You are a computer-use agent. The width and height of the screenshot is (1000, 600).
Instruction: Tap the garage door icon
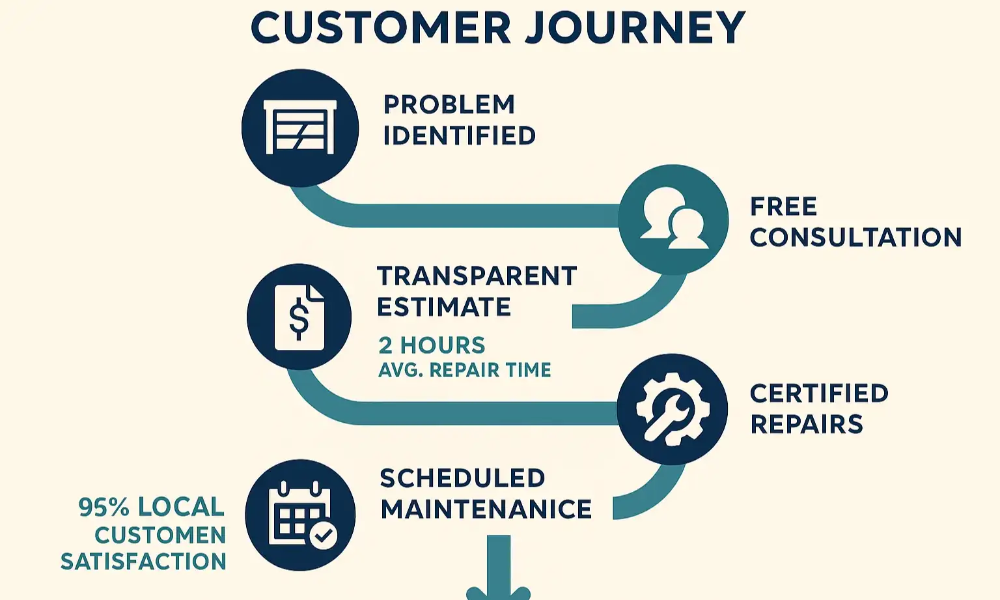(299, 128)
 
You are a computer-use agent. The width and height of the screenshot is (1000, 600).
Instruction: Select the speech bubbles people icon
(673, 219)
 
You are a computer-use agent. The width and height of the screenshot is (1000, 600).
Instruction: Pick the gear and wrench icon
(672, 409)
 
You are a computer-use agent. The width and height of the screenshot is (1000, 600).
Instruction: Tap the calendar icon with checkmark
(301, 515)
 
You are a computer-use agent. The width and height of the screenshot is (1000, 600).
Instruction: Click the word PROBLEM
(449, 104)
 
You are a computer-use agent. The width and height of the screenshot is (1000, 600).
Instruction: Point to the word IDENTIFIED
(459, 136)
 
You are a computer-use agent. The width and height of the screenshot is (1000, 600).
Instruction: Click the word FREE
(783, 207)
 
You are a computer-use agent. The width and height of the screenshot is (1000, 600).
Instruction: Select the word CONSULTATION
(855, 237)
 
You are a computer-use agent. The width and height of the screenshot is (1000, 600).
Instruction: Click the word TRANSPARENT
(477, 276)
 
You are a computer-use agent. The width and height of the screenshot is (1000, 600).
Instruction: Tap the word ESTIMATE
(444, 307)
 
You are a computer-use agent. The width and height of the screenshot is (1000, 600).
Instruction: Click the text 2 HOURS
(432, 345)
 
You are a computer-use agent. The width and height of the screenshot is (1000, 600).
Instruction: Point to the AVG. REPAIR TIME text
(464, 370)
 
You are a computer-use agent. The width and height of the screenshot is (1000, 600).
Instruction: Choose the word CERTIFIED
(819, 393)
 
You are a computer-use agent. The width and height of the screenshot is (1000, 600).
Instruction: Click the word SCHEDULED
(462, 478)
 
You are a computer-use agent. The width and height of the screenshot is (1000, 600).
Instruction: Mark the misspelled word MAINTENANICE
(486, 509)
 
